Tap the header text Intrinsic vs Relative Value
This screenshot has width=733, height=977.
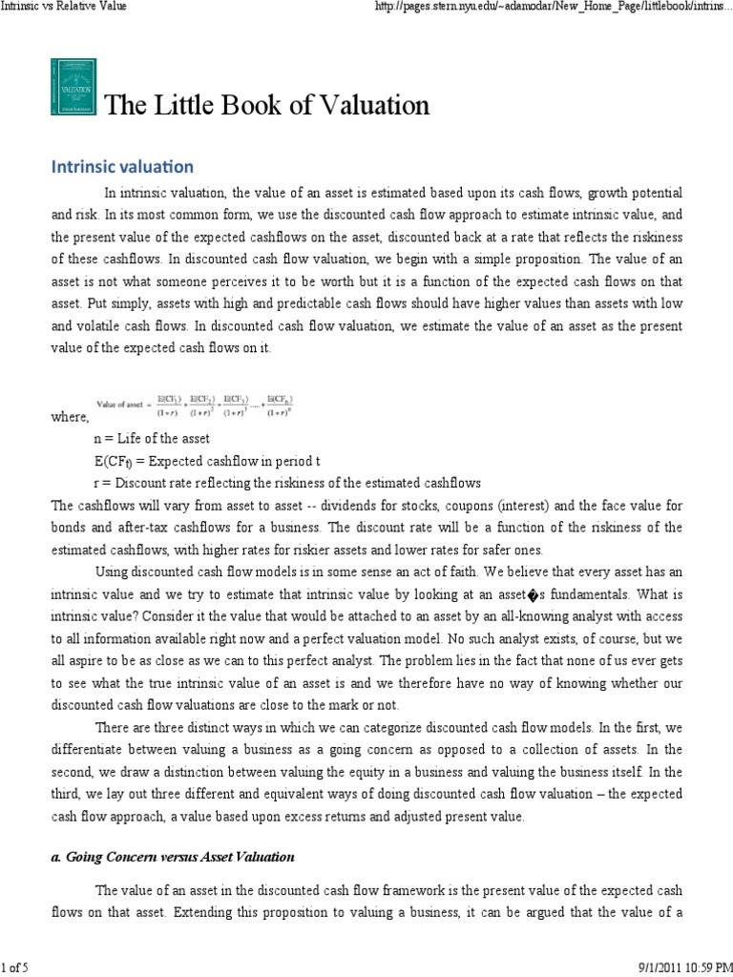coord(65,8)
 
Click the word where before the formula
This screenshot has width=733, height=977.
coord(69,417)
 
